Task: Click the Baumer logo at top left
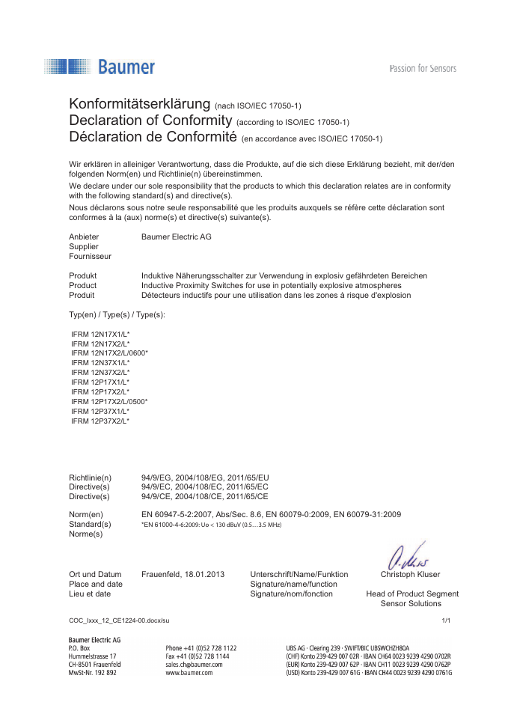[100, 67]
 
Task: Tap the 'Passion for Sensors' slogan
[423, 69]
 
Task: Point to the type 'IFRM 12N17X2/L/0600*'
[109, 353]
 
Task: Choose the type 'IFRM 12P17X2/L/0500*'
[109, 402]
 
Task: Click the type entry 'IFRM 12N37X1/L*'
[100, 362]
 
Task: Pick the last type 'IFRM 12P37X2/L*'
[100, 421]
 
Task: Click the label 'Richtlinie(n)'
[90, 477]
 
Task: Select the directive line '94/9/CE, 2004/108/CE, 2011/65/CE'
[204, 496]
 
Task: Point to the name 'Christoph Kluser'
[410, 575]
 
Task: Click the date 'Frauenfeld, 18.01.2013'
[183, 575]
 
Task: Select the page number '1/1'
[447, 620]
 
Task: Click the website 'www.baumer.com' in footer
[189, 673]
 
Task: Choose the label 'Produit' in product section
[82, 295]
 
